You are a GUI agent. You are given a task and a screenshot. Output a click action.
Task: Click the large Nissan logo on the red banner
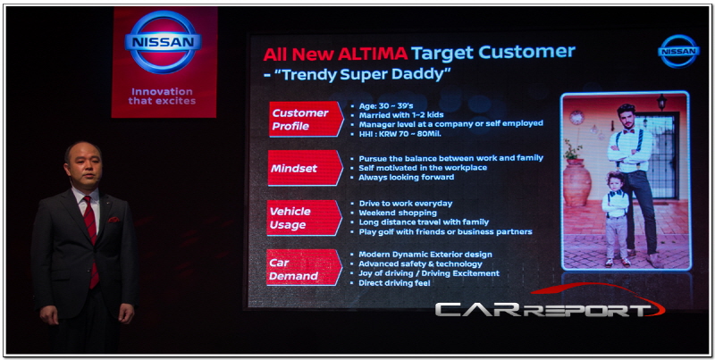pyautogui.click(x=163, y=42)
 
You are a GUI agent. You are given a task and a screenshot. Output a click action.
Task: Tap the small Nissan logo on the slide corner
pyautogui.click(x=679, y=51)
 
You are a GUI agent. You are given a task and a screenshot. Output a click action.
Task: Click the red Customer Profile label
pyautogui.click(x=306, y=120)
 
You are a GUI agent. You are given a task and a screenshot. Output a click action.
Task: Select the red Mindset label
pyautogui.click(x=305, y=168)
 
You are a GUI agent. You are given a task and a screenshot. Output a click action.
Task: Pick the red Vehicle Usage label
pyautogui.click(x=304, y=218)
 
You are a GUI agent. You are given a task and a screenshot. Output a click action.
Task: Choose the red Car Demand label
pyautogui.click(x=304, y=268)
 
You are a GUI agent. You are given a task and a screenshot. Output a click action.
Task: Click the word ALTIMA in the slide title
pyautogui.click(x=373, y=54)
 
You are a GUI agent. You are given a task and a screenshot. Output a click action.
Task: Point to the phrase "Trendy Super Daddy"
pyautogui.click(x=363, y=74)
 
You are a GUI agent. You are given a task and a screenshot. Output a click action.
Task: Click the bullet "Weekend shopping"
pyautogui.click(x=397, y=213)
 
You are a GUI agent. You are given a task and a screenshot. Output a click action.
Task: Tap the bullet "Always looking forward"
pyautogui.click(x=406, y=177)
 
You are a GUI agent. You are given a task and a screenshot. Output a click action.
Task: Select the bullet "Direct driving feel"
pyautogui.click(x=394, y=283)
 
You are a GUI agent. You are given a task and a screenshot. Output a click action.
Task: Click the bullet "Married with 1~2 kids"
pyautogui.click(x=400, y=115)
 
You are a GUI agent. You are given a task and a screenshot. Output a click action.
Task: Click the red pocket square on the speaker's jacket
pyautogui.click(x=114, y=220)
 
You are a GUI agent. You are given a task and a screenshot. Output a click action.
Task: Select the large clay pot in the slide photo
pyautogui.click(x=576, y=182)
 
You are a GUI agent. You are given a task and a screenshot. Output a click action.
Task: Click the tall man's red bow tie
pyautogui.click(x=630, y=130)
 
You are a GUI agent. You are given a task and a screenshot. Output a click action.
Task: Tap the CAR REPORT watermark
pyautogui.click(x=550, y=303)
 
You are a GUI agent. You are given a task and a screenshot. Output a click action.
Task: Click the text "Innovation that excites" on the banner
pyautogui.click(x=163, y=96)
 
